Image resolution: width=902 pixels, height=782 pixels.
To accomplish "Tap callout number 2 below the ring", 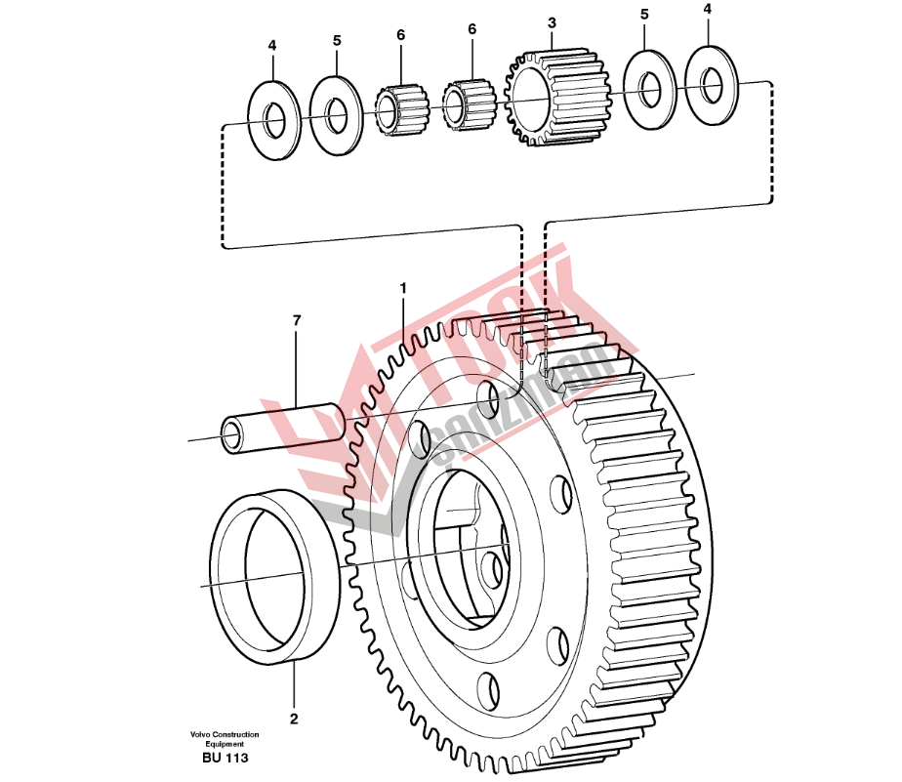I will [x=294, y=720].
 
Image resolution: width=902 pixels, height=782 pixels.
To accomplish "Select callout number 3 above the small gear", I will [x=552, y=21].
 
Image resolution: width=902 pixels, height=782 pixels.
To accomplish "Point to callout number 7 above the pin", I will [x=297, y=319].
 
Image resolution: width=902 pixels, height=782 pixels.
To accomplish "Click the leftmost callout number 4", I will [x=272, y=45].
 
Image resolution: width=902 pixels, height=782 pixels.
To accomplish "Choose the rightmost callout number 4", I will [x=708, y=9].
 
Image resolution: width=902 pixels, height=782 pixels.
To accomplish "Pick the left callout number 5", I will [x=337, y=40].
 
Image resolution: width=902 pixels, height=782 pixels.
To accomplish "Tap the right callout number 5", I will [x=644, y=15].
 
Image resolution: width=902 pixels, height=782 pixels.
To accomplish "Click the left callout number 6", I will [x=400, y=34].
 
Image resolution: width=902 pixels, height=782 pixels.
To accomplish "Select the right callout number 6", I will [x=471, y=29].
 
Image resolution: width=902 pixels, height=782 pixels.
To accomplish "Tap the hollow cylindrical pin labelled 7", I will [x=283, y=428].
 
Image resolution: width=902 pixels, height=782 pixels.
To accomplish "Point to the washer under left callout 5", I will [x=337, y=116].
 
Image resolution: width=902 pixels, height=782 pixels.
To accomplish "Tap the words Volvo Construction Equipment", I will [x=225, y=739].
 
